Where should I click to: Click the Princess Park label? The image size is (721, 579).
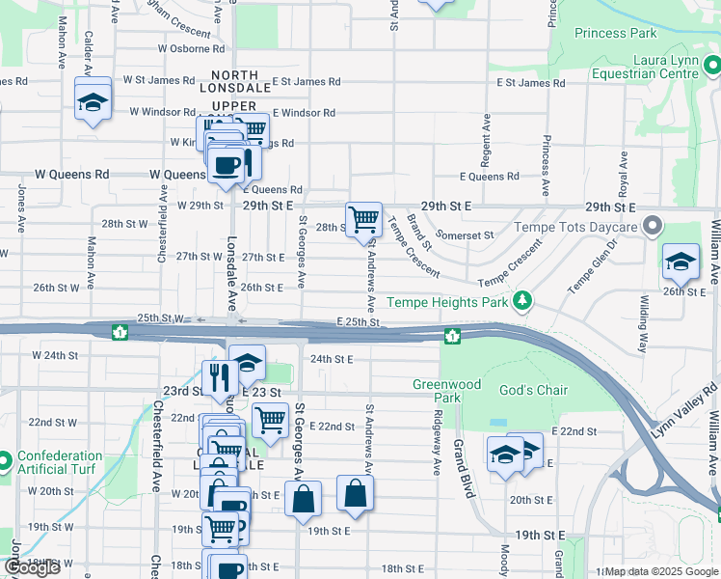pos(615,33)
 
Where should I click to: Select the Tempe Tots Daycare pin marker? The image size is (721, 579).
pos(653,227)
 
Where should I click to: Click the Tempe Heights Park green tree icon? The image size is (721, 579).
pos(522,302)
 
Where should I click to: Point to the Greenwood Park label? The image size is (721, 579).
pos(446,390)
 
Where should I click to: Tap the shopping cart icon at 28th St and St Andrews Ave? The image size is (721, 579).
pos(363,219)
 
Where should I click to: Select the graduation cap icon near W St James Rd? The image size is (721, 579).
pos(93,102)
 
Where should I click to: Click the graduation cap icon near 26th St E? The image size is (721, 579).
pos(680,261)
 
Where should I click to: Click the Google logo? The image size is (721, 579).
pos(32,567)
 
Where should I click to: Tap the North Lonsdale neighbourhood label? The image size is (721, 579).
pos(234,82)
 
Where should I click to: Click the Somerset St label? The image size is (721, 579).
pos(465,234)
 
